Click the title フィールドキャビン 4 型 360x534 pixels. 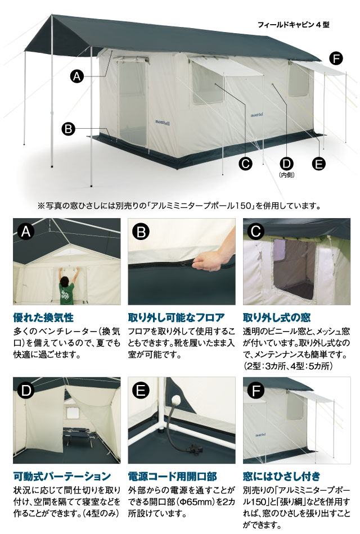coord(294,25)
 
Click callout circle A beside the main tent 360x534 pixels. coord(77,76)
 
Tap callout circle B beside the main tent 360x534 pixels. coord(69,129)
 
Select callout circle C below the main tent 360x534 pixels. coord(245,164)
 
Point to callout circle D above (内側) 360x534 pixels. coord(287,164)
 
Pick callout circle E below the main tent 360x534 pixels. coord(318,164)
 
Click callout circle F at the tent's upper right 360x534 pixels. coord(336,59)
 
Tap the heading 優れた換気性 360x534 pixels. coord(43,318)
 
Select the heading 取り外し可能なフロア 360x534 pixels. coord(176,318)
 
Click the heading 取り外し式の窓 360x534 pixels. coord(277,318)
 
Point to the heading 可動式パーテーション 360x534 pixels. coord(62,476)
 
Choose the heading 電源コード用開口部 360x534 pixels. coord(173,476)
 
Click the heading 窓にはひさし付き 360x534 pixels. coord(282,476)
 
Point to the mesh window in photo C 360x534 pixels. coord(294,269)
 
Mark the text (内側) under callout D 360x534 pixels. coord(287,175)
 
